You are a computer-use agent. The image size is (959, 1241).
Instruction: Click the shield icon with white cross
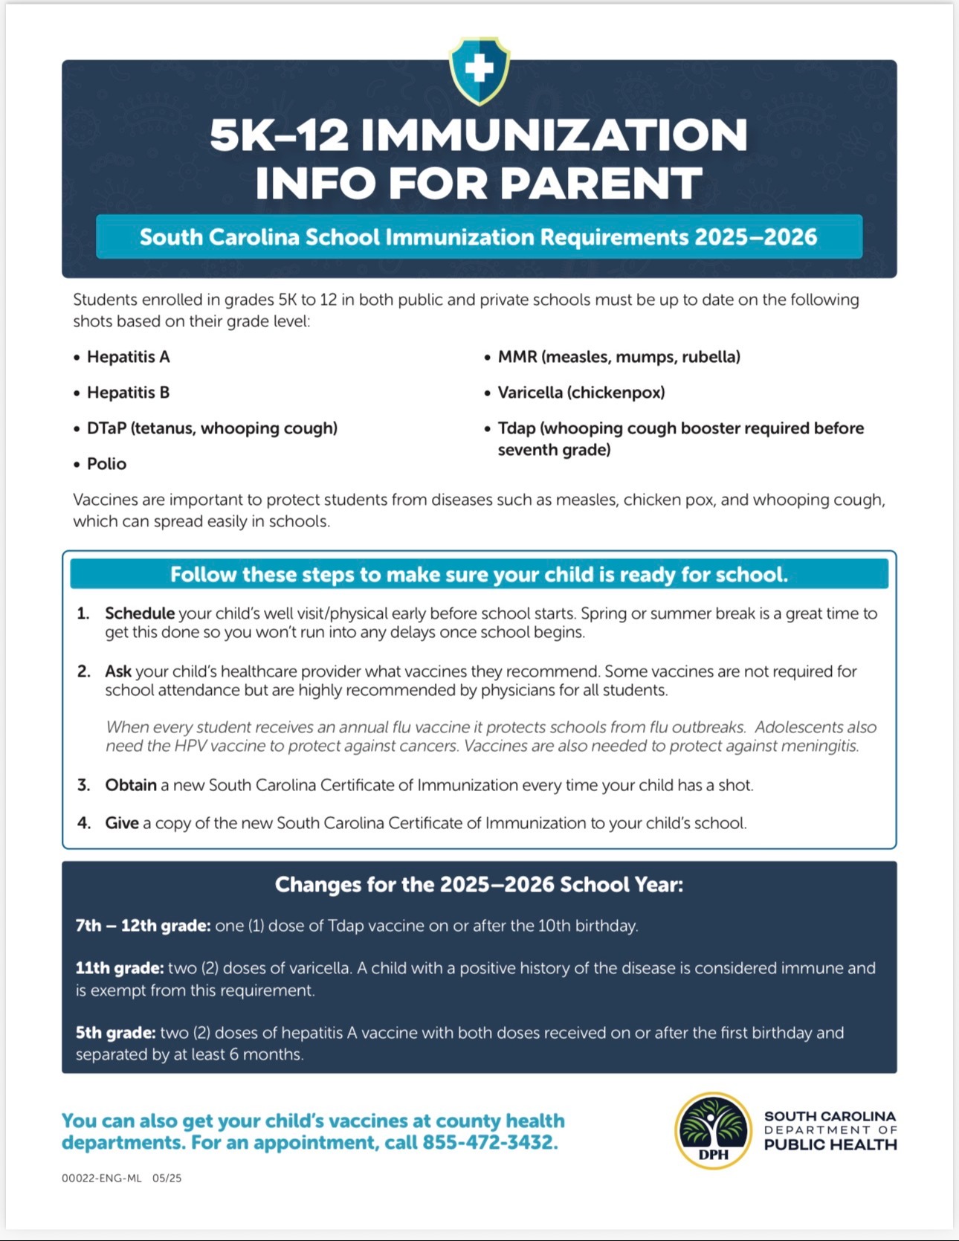point(479,70)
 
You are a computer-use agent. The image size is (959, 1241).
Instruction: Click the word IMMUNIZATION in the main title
point(555,135)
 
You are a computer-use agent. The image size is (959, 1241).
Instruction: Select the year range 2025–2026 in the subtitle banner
point(755,237)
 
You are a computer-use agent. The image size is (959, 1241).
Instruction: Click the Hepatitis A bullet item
point(128,357)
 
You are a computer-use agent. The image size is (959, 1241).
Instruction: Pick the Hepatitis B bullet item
point(128,393)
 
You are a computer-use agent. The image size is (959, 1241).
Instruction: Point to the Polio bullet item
point(106,464)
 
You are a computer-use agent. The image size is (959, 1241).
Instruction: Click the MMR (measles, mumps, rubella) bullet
point(619,357)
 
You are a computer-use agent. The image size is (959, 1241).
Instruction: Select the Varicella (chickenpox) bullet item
point(581,393)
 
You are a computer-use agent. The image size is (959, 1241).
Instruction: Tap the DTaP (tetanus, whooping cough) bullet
point(212,428)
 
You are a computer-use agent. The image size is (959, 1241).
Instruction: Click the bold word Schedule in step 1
point(140,613)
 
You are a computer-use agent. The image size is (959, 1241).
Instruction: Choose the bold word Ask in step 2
point(118,671)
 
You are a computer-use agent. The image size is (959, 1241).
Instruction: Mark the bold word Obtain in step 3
point(131,785)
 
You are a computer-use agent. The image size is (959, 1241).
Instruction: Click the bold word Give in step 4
point(122,823)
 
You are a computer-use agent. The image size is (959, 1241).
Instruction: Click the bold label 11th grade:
point(120,968)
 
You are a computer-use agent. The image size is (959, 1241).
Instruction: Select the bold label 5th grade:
point(115,1033)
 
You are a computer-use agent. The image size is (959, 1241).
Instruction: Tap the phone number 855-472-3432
point(490,1142)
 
